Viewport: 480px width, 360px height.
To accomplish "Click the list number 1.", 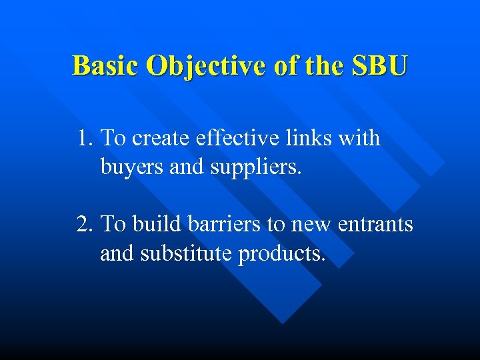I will [x=83, y=139].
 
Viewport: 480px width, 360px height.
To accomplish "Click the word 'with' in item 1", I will [x=359, y=139].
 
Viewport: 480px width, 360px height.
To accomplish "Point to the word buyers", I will [x=133, y=167].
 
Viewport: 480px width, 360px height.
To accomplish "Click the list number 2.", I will [x=83, y=225].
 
